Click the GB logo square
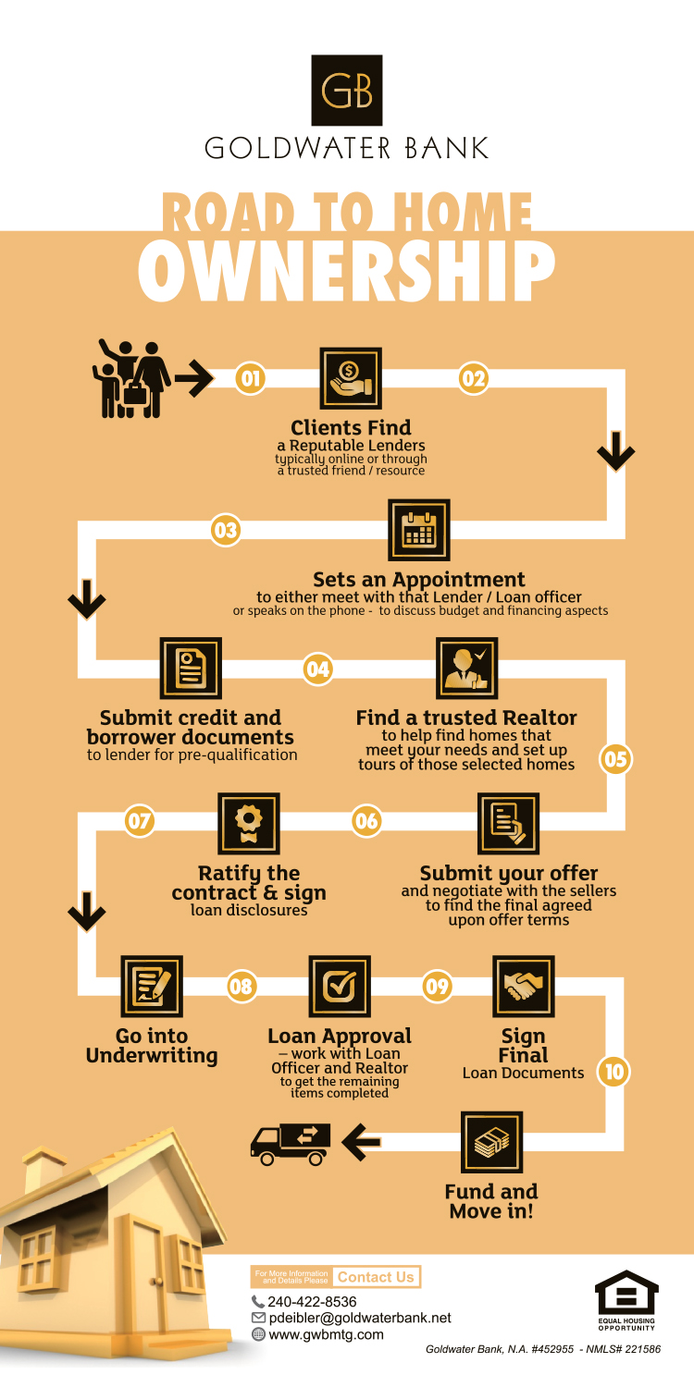click(346, 91)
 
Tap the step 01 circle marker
click(251, 378)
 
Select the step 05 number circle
click(615, 758)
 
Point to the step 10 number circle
click(613, 1071)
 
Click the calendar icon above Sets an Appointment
click(419, 530)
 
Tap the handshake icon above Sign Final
click(524, 987)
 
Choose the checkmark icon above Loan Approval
click(340, 987)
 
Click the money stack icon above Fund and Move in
click(492, 1142)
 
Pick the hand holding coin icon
click(351, 378)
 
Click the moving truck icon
click(290, 1145)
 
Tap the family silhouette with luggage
click(131, 378)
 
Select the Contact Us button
click(376, 1277)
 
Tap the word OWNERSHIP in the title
click(346, 271)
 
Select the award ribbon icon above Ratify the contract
click(249, 824)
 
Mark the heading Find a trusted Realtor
click(466, 718)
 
